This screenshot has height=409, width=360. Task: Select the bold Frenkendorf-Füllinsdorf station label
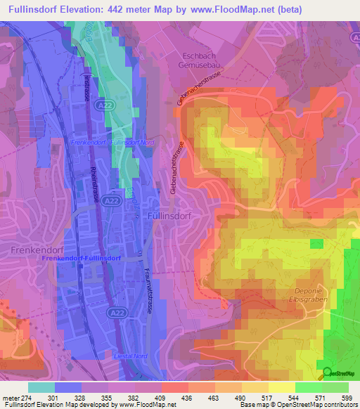[x=82, y=259]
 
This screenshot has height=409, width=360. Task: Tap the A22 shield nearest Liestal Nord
[x=117, y=311]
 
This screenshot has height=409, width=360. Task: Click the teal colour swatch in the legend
[x=41, y=387]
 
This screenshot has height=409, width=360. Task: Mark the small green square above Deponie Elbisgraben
[x=317, y=243]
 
